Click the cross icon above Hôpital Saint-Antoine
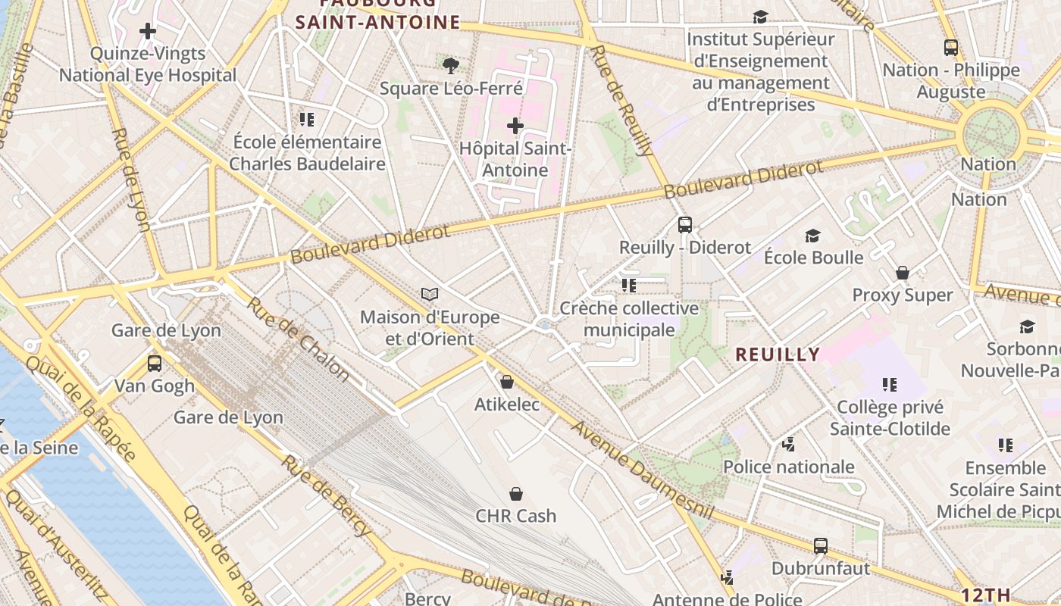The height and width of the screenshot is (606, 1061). [515, 125]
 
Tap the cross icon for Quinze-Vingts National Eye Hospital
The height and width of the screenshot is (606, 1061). [148, 31]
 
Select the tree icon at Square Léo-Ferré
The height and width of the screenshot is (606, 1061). [451, 66]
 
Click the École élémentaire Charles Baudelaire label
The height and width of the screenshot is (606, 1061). [307, 152]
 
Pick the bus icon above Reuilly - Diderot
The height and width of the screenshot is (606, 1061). [685, 224]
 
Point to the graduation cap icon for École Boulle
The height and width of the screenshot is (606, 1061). [813, 236]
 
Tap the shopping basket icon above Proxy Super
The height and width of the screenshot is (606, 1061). [903, 273]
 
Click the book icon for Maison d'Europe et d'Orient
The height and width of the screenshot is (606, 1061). [430, 294]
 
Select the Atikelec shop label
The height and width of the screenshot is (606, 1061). [507, 405]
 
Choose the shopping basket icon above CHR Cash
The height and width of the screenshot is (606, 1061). [516, 494]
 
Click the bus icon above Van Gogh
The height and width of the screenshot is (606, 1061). [155, 364]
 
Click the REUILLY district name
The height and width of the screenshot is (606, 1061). [778, 354]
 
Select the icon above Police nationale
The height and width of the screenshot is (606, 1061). [789, 444]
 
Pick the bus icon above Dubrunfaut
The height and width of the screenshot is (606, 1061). [820, 545]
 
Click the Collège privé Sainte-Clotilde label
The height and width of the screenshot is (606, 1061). [890, 418]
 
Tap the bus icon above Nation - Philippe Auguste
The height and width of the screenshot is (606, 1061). [951, 48]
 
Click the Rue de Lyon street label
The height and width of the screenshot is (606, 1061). [131, 179]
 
